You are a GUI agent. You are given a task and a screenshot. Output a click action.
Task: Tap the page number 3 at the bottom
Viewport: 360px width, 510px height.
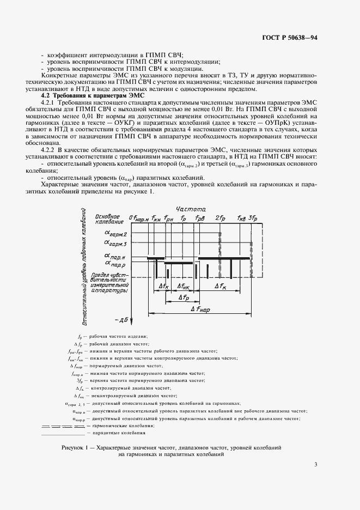(316, 464)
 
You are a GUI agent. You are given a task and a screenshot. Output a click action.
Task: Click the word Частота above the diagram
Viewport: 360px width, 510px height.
(191, 209)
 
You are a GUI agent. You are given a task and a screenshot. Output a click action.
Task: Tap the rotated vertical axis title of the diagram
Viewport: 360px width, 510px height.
(87, 267)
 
